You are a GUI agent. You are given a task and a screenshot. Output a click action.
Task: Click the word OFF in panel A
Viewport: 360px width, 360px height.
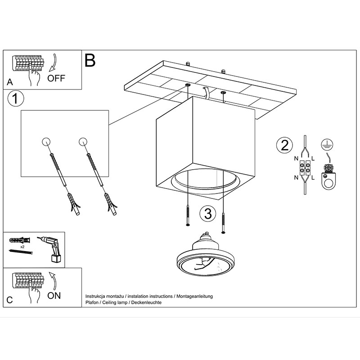click(x=56, y=78)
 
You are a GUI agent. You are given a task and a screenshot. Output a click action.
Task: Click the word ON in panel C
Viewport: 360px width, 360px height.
click(x=54, y=296)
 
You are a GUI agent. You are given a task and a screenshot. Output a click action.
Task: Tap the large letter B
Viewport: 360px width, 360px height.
click(x=90, y=60)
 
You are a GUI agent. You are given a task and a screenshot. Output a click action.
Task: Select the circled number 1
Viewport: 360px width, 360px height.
click(x=16, y=99)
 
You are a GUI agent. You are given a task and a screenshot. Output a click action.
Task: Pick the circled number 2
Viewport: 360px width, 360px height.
click(x=284, y=145)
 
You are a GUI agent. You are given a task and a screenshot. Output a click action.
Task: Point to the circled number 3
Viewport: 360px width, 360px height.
click(x=207, y=213)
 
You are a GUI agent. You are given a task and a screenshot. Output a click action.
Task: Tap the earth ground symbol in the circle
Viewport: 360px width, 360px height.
click(x=326, y=144)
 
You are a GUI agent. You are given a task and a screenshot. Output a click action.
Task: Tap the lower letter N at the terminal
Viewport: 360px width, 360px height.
click(x=296, y=177)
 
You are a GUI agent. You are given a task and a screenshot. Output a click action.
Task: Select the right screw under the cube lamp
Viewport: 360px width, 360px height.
click(x=224, y=218)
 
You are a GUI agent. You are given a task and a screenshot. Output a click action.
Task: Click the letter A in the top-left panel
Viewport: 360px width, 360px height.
click(x=10, y=83)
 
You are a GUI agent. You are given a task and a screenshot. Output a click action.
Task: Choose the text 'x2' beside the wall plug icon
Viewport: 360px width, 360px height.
click(x=22, y=247)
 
